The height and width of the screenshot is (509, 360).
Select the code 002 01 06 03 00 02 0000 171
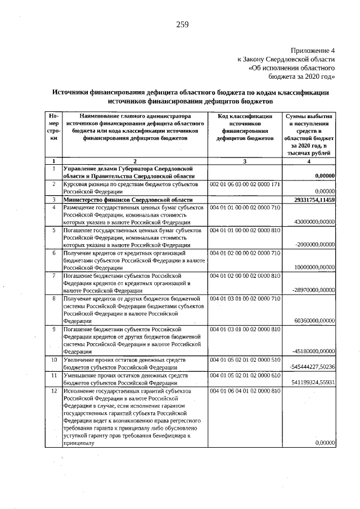[x=245, y=184]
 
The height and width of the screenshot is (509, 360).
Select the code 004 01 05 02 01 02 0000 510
[x=245, y=359]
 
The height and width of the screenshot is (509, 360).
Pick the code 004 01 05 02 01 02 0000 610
[x=245, y=375]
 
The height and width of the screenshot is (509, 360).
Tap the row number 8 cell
[x=53, y=298]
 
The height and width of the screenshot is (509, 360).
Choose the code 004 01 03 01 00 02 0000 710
[x=245, y=298]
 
